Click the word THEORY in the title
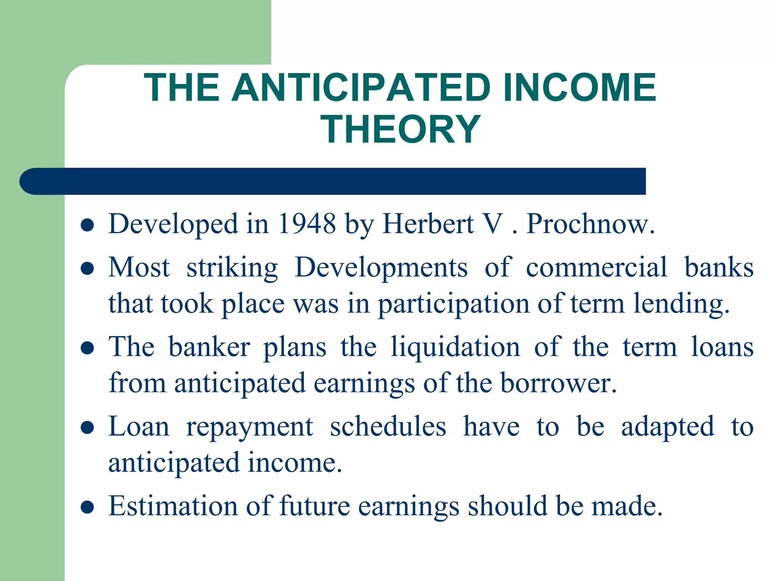click(400, 129)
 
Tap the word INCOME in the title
click(579, 88)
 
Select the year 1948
click(307, 224)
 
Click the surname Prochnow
click(590, 224)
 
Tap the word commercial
click(596, 267)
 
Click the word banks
click(719, 267)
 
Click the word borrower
click(558, 383)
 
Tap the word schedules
click(388, 427)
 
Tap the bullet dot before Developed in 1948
click(87, 225)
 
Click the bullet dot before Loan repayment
click(87, 428)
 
